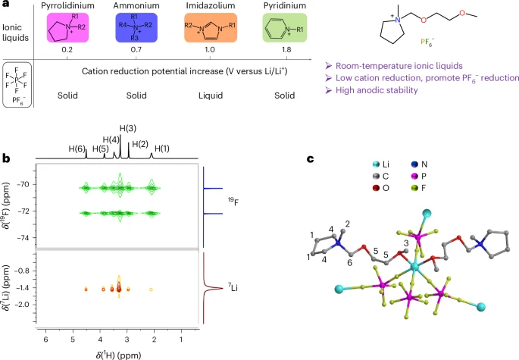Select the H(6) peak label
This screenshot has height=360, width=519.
point(77,148)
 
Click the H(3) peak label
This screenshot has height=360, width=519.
point(128,128)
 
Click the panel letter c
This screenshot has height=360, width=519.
point(311,159)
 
